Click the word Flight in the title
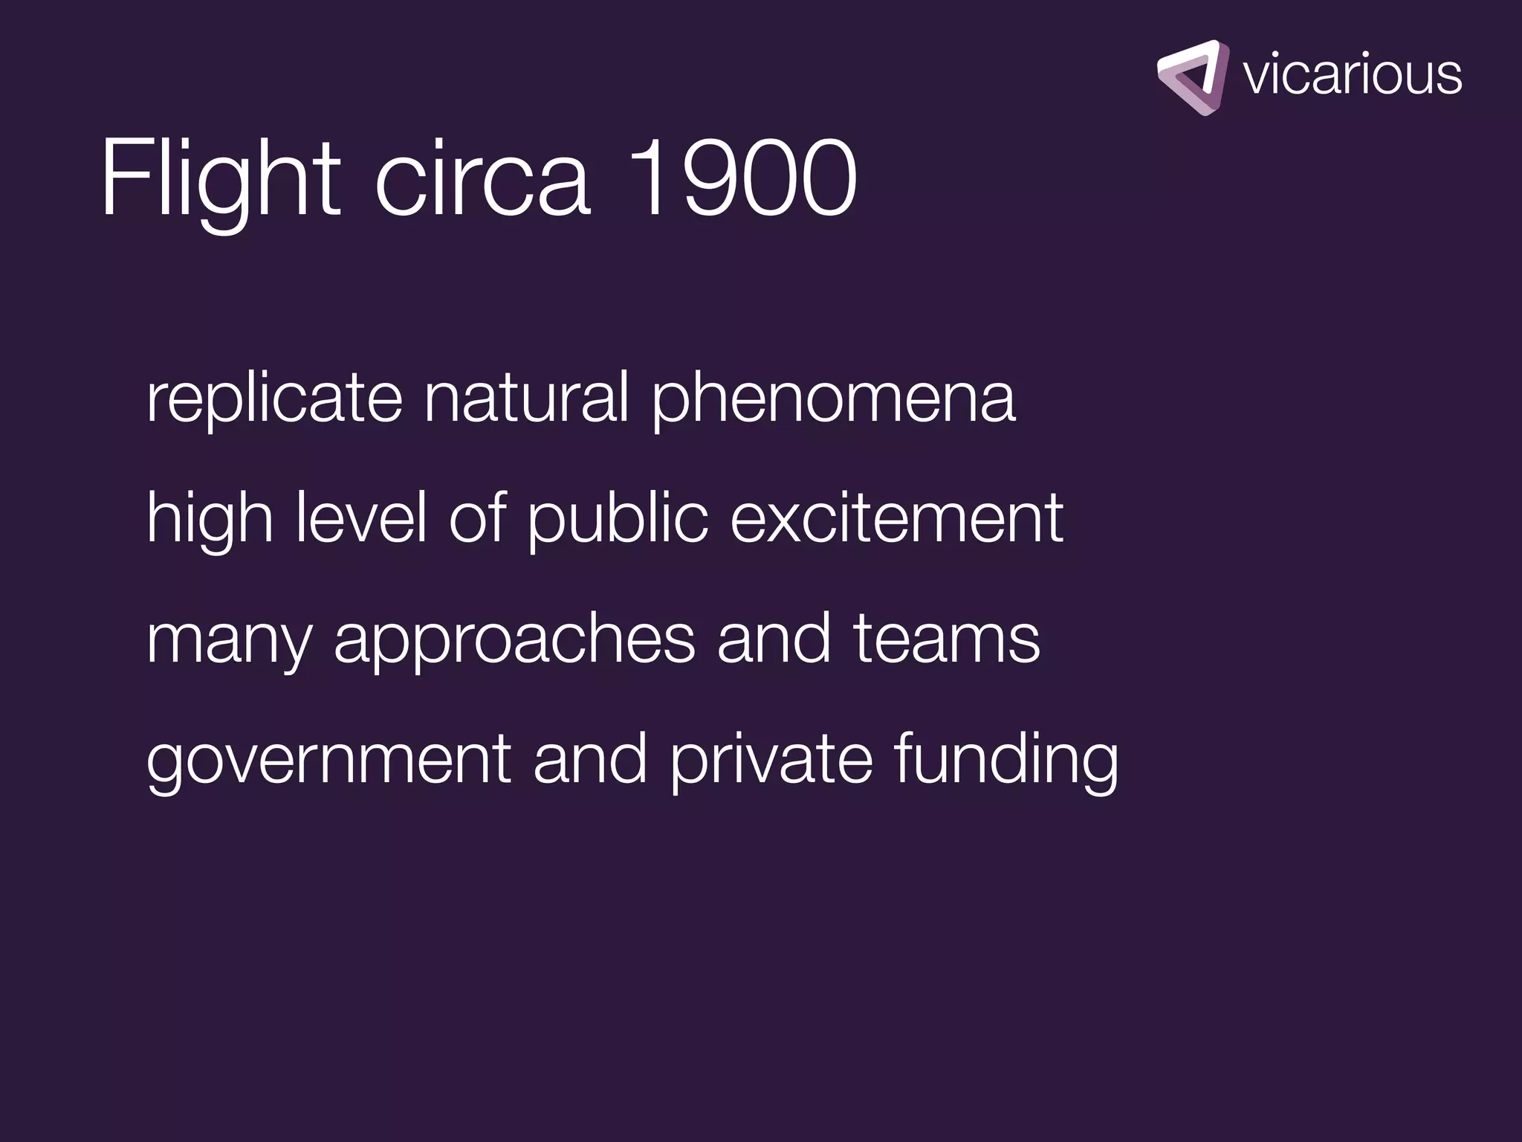220,178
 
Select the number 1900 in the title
743,178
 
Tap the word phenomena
833,401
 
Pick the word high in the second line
210,520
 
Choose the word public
618,520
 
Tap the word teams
946,639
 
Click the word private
771,760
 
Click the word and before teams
773,639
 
